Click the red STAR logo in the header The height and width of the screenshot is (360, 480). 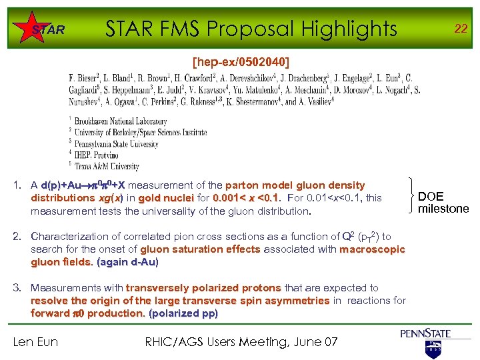tap(48, 29)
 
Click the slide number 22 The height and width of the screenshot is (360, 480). tap(460, 29)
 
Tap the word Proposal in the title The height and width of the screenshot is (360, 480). tap(253, 29)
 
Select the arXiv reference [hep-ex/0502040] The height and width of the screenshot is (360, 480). tap(241, 62)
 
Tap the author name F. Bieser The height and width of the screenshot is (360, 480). tap(85, 78)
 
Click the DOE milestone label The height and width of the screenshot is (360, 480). tap(443, 202)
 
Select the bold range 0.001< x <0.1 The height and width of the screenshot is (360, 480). tap(248, 198)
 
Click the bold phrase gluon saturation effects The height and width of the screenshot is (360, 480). tap(200, 249)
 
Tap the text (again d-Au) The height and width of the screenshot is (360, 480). tap(127, 262)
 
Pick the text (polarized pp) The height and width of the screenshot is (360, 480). tap(183, 313)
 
